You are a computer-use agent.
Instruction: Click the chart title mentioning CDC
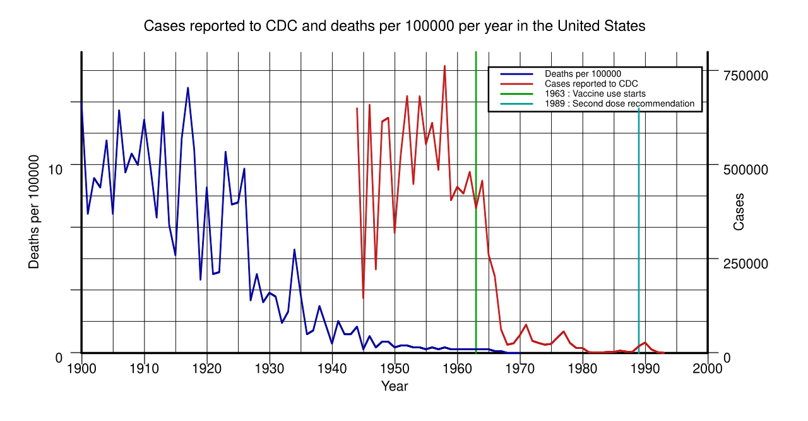click(x=395, y=27)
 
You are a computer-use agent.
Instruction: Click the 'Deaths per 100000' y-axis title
click(x=34, y=215)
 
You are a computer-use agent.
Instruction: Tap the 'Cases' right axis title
click(x=739, y=212)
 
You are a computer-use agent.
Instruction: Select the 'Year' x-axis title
click(x=395, y=386)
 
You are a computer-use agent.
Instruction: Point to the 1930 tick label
click(x=270, y=370)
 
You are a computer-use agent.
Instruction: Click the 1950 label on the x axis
click(x=395, y=370)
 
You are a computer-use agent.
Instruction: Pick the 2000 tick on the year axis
click(x=708, y=370)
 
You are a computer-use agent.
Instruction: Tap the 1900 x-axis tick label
click(x=81, y=370)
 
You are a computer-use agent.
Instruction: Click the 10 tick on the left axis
click(x=56, y=169)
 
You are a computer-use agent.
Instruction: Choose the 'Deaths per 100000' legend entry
click(x=583, y=74)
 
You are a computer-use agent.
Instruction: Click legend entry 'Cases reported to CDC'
click(x=591, y=83)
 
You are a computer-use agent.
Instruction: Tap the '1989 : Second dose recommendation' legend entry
click(x=619, y=104)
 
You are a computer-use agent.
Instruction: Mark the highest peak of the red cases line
click(x=444, y=66)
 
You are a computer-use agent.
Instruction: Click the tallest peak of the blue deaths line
click(x=188, y=88)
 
